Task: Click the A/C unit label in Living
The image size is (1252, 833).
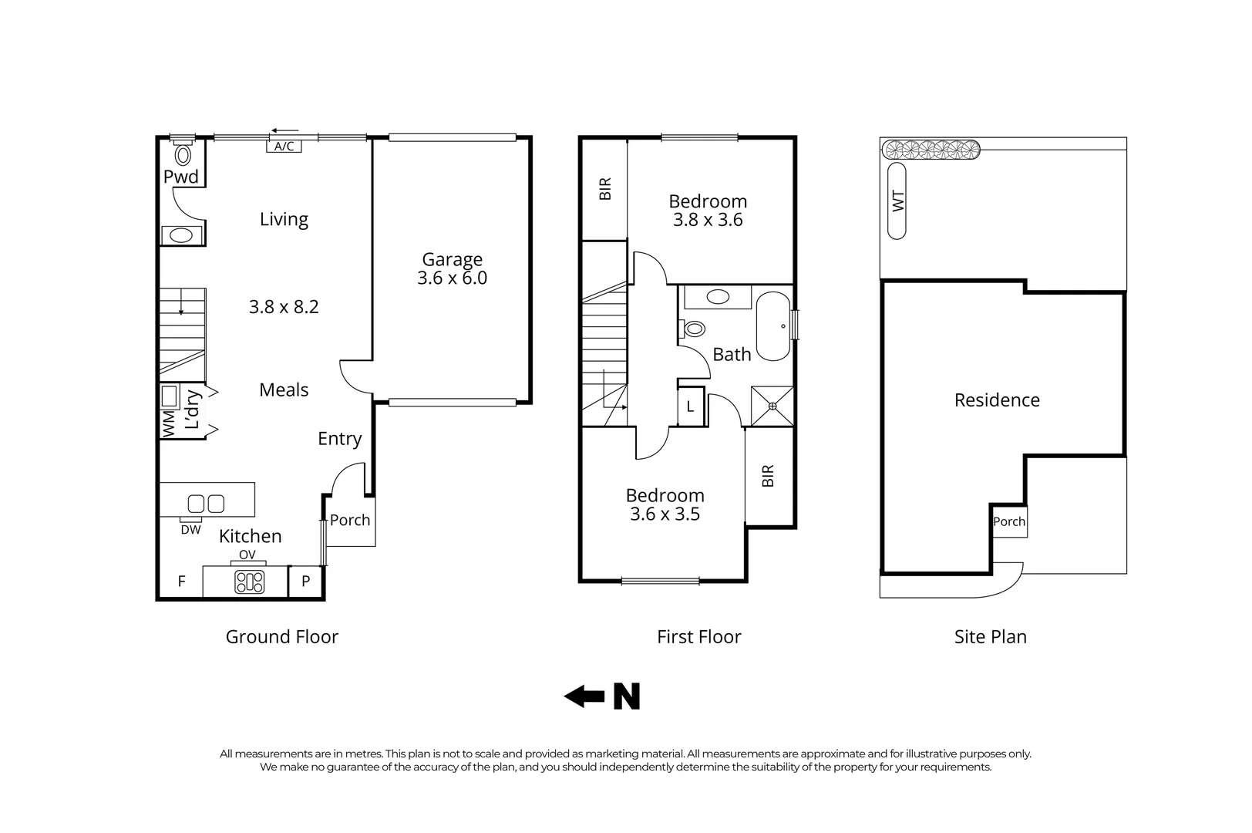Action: [284, 147]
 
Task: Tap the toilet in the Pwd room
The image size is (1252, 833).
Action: [183, 155]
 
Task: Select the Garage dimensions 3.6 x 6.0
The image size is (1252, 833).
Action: [452, 278]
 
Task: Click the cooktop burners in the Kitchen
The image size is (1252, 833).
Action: [249, 582]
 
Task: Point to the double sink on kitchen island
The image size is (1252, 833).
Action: [206, 504]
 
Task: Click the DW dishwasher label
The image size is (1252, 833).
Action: [190, 530]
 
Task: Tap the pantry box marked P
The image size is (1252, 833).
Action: [306, 582]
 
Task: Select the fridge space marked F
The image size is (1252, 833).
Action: [182, 582]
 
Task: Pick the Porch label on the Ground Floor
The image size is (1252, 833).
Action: [350, 521]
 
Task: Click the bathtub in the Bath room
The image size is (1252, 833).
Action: [772, 326]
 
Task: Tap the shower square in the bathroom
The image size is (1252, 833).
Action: [772, 406]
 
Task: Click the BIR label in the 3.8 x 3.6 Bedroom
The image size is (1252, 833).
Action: [605, 189]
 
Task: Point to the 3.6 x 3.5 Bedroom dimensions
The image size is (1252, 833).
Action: [665, 514]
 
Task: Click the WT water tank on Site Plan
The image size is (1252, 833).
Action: [897, 201]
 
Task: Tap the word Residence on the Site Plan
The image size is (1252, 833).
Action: [997, 400]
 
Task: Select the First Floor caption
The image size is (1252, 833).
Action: [698, 637]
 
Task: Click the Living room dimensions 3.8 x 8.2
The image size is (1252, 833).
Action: [284, 307]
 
